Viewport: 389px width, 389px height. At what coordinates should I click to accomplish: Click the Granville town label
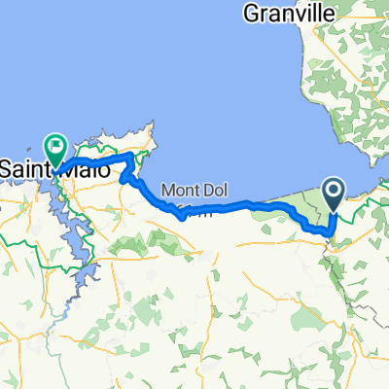pos(289,14)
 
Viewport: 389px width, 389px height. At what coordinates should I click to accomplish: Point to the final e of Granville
pos(328,14)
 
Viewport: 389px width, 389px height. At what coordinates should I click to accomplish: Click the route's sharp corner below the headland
pos(122,177)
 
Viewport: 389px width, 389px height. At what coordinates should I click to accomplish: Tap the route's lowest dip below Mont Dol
pos(183,218)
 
